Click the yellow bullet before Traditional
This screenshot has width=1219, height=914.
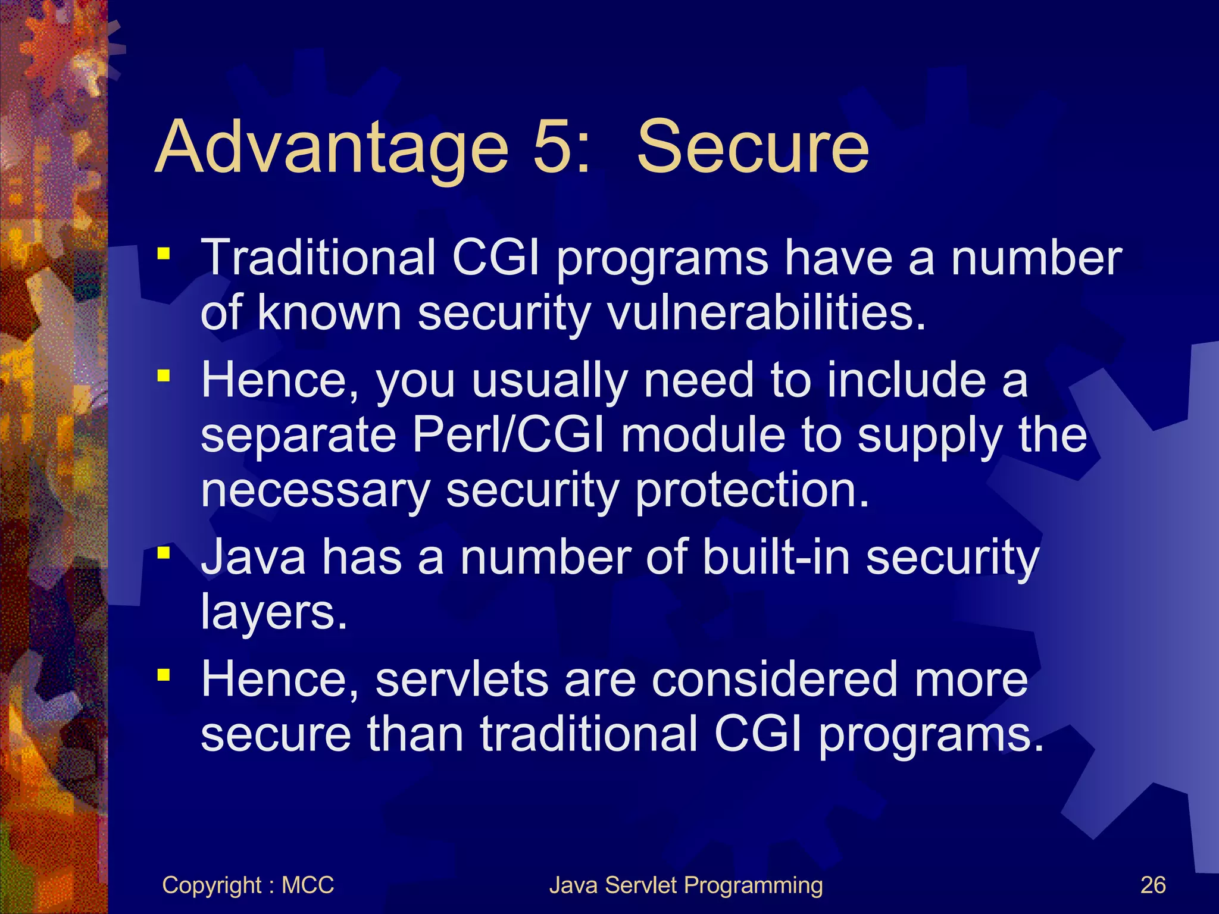164,254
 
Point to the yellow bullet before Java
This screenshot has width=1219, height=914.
164,553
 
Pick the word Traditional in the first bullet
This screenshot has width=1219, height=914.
318,258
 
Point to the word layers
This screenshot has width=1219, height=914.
273,613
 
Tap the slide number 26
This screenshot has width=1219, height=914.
1152,885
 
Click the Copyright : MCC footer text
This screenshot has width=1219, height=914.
248,885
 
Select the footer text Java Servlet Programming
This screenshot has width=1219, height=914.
686,885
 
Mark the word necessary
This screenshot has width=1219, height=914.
315,491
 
